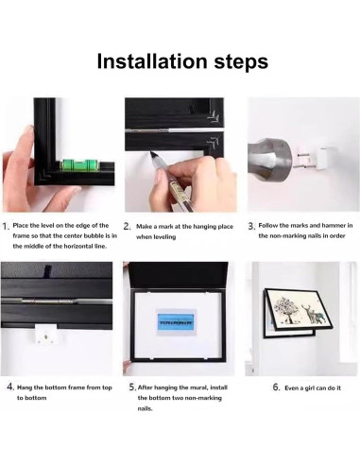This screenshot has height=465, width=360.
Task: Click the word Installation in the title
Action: [153, 61]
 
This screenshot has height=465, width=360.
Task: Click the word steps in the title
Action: [241, 62]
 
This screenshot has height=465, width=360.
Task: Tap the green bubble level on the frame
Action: [79, 164]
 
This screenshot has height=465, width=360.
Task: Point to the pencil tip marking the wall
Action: [152, 154]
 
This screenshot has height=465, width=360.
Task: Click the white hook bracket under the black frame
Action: [46, 335]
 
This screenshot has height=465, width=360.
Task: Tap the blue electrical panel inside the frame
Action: [176, 322]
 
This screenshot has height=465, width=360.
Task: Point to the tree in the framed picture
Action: [286, 310]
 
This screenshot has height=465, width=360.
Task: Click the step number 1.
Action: [5, 226]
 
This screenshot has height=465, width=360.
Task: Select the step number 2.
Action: [127, 226]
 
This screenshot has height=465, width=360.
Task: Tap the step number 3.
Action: [250, 226]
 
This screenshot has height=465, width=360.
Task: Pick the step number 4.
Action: [10, 387]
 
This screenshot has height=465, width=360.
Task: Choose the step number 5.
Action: [132, 387]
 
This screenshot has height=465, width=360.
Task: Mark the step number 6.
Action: [276, 387]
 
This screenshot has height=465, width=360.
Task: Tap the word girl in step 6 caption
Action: [313, 388]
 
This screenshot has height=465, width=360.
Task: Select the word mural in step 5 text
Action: [198, 387]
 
